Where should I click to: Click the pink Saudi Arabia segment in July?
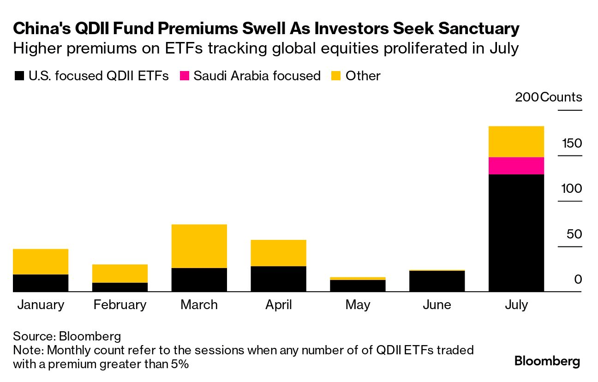(516, 166)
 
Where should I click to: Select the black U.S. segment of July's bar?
(516, 233)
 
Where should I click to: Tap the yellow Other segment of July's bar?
(516, 142)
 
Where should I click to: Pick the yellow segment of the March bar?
(199, 246)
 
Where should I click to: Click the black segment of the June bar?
(437, 281)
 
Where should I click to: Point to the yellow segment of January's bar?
(41, 262)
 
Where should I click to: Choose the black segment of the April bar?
(278, 279)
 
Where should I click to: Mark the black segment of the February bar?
(120, 287)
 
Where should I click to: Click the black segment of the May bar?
(358, 286)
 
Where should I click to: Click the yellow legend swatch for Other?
(336, 76)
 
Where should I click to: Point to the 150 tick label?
(572, 143)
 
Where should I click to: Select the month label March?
(199, 305)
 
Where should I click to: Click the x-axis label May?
(358, 305)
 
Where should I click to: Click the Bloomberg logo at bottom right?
(547, 361)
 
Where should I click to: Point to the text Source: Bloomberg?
(67, 335)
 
